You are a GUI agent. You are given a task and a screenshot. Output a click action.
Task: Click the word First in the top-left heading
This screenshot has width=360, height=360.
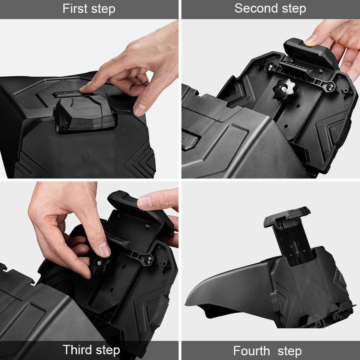point(74,9)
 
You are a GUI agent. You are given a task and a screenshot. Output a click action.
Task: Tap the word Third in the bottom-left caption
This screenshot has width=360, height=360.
point(76,350)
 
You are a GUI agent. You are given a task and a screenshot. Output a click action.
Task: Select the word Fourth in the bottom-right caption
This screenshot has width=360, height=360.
point(251,351)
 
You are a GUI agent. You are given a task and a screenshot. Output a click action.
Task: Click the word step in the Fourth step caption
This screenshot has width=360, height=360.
point(289,352)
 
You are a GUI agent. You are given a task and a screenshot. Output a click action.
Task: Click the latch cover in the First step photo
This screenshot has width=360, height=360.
point(85,112)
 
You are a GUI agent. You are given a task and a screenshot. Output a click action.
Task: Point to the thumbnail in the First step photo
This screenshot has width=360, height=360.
point(139,109)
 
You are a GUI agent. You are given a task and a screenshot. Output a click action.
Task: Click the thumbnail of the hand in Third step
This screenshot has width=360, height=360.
point(103,249)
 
